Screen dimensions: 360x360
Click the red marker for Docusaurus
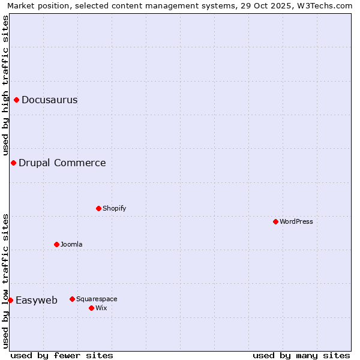17,100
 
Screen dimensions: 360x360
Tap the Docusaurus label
49,100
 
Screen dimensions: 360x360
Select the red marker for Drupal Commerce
13,163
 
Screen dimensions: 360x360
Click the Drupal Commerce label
62,163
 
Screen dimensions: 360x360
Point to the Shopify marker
98,208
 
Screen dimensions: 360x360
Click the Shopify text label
114,208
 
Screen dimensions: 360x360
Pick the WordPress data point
275,221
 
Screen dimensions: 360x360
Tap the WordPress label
296,221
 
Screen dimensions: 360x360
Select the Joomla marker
56,244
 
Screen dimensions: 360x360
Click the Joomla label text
71,244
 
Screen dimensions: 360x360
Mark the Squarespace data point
72,299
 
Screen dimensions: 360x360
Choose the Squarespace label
97,299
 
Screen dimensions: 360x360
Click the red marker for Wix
91,308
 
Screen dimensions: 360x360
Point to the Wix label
101,308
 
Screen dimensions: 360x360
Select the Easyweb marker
10,300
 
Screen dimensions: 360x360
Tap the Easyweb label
37,301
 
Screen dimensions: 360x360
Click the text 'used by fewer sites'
62,355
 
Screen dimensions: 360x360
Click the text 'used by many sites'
301,355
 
